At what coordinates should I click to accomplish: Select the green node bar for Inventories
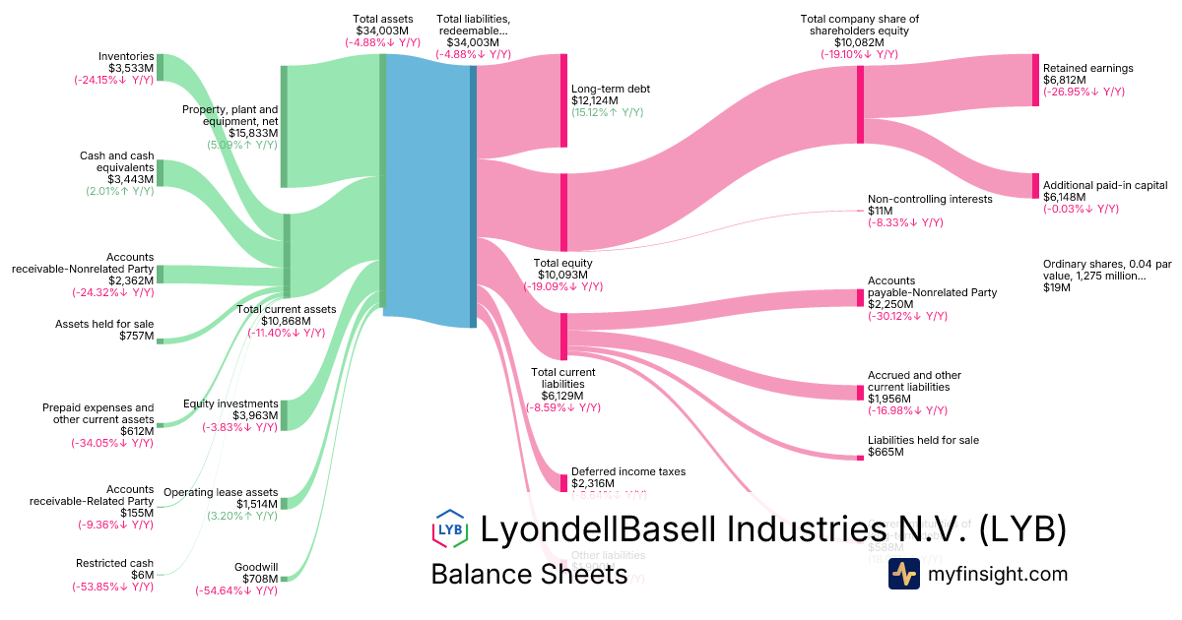(160, 67)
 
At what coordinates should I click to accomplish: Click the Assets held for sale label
(117, 323)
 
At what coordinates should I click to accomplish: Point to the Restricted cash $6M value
(141, 575)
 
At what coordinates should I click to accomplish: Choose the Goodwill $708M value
(256, 580)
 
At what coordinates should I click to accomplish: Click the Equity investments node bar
(284, 415)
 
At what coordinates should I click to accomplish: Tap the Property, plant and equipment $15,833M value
(253, 133)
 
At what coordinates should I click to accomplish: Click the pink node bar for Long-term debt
(564, 100)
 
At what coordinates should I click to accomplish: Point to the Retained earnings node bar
(1035, 80)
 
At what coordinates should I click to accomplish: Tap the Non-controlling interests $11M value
(880, 211)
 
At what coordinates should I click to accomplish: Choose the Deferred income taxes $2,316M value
(593, 483)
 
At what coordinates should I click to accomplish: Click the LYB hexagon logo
(450, 528)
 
